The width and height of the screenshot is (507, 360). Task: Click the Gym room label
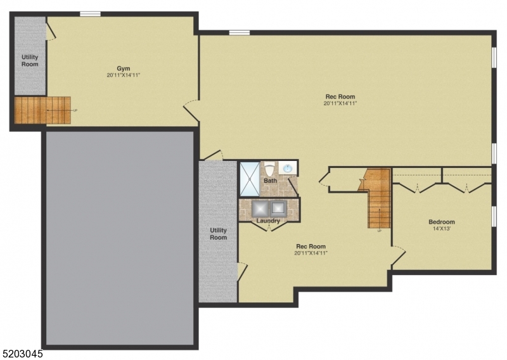[123, 68]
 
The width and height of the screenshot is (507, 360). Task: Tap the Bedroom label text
[442, 222]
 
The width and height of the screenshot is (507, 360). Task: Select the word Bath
[270, 181]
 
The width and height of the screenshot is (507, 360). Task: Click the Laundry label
[269, 221]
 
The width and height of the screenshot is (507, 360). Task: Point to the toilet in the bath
[269, 169]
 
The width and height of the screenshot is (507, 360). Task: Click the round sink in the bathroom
[288, 169]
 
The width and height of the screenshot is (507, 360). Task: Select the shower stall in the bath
[249, 179]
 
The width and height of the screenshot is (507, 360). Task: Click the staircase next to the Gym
[42, 110]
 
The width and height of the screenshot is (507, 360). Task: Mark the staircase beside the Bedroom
[378, 198]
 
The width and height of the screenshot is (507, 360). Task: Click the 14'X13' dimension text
[442, 229]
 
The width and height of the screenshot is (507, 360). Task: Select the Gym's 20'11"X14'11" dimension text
[123, 75]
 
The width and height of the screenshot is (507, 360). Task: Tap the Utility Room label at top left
[30, 61]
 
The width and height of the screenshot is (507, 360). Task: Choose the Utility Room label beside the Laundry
[218, 234]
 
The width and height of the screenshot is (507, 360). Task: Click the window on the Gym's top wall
[90, 14]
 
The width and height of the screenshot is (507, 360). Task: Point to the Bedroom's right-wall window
[494, 215]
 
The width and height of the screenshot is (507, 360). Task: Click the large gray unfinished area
[119, 238]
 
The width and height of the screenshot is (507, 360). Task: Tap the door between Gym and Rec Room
[191, 112]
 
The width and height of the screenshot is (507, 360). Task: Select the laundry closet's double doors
[269, 226]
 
